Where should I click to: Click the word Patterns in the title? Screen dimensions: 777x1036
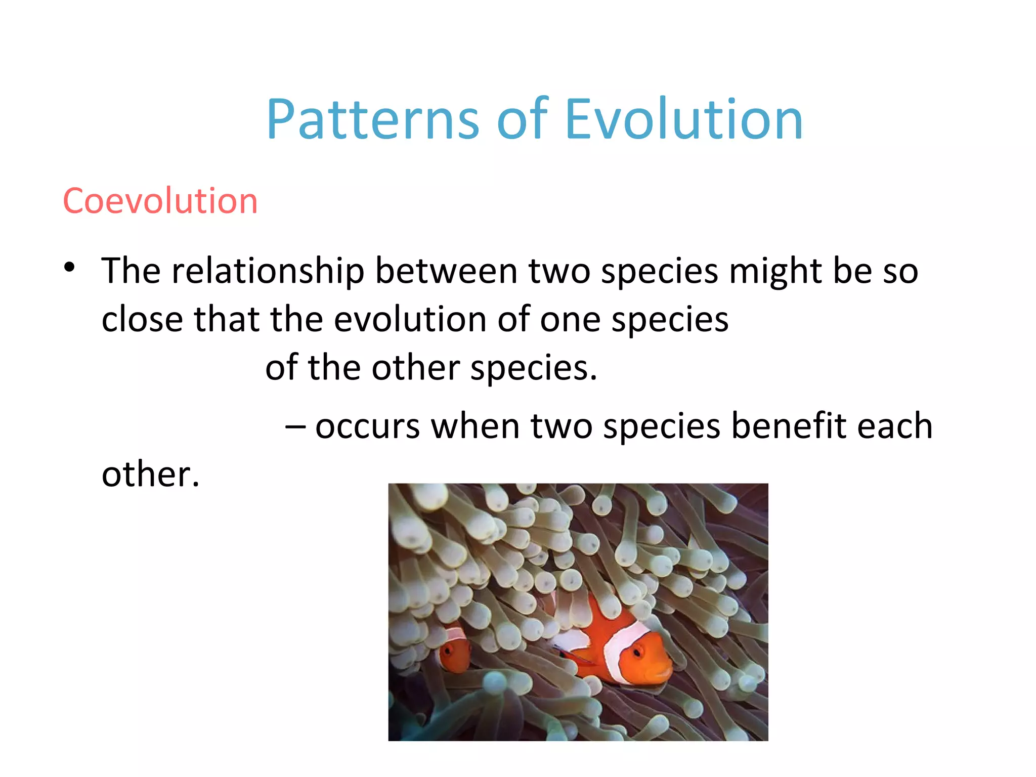[x=372, y=119]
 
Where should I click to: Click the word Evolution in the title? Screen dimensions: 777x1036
[x=683, y=119]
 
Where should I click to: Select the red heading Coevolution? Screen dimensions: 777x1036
[x=160, y=201]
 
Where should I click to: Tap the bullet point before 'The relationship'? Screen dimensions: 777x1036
[x=69, y=267]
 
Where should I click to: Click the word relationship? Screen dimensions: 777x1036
[x=268, y=272]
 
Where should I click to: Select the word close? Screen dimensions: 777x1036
[x=142, y=319]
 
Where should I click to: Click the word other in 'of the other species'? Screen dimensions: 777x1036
[x=415, y=368]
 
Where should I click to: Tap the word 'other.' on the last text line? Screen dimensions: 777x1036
[x=150, y=475]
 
